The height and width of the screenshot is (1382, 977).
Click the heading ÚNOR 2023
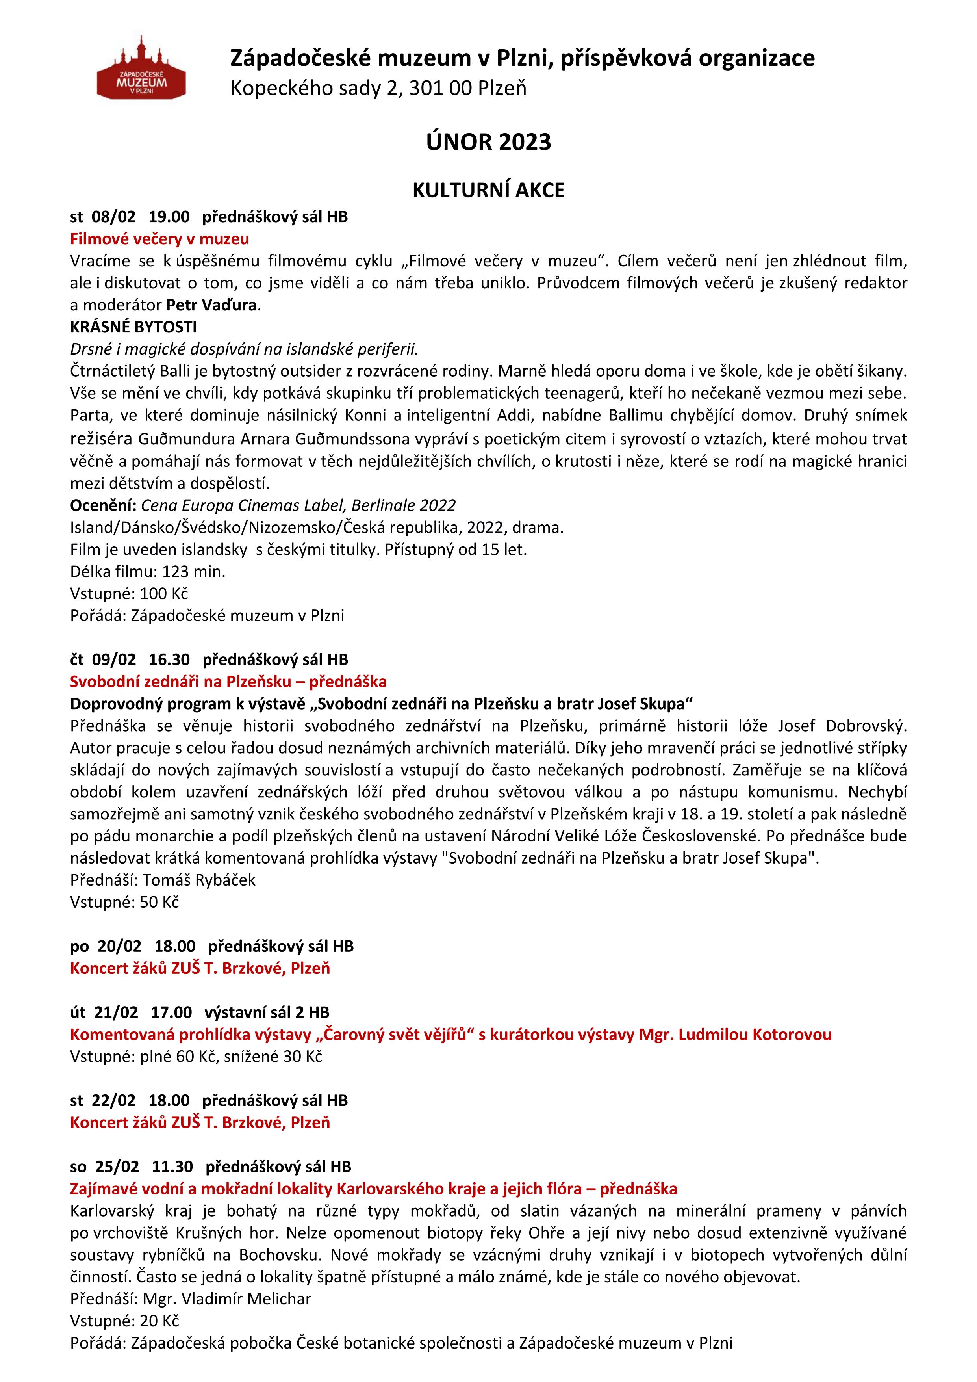(x=488, y=142)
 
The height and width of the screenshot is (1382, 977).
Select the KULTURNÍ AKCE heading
(x=488, y=190)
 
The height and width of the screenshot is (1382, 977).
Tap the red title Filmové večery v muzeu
(x=159, y=239)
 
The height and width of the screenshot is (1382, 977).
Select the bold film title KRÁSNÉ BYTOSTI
(x=133, y=327)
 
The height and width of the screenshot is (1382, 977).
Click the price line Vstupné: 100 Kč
(x=129, y=593)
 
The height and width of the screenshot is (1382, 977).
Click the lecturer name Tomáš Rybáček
(x=199, y=880)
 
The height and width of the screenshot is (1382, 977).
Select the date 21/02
(x=116, y=1012)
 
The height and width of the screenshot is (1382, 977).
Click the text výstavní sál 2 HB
(x=267, y=1012)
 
